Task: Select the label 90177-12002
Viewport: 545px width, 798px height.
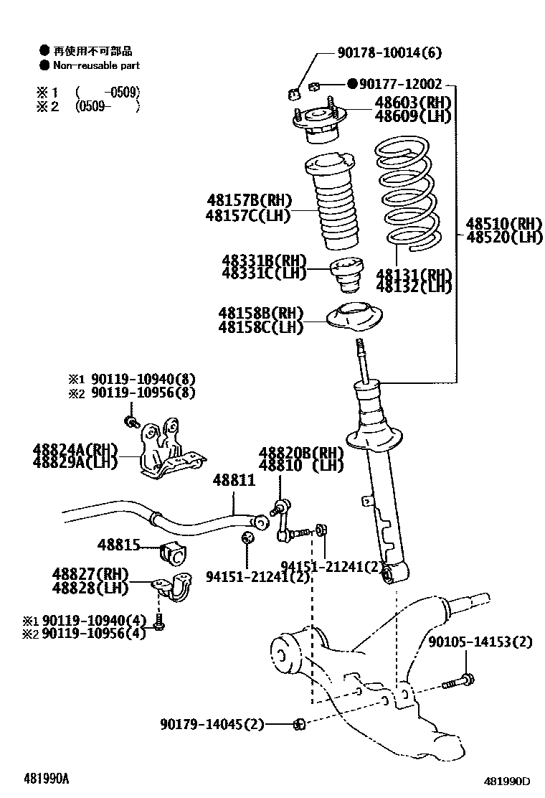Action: tap(400, 84)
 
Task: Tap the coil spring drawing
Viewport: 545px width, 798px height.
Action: tap(405, 196)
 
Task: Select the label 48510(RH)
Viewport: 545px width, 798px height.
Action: tap(504, 222)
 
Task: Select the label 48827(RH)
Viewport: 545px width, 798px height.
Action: tap(90, 574)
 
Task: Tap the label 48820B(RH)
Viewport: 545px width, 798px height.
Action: tap(301, 452)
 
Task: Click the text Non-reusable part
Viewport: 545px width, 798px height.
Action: tap(96, 65)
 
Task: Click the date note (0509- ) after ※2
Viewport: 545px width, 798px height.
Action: tap(107, 105)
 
